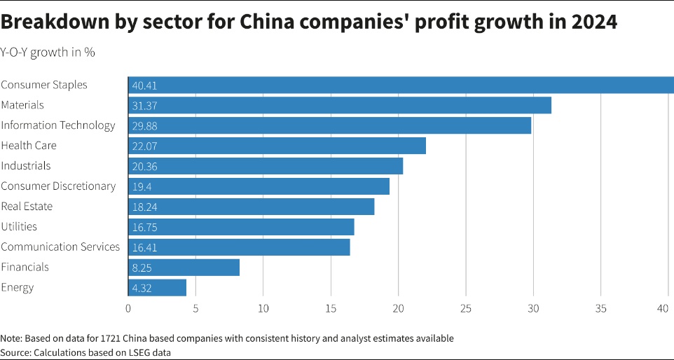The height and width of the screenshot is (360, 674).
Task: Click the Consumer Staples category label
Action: pyautogui.click(x=44, y=85)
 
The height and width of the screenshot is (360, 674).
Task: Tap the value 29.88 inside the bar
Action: pyautogui.click(x=144, y=125)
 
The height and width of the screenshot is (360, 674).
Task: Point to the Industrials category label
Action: pyautogui.click(x=26, y=166)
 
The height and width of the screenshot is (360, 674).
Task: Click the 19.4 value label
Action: pyautogui.click(x=141, y=186)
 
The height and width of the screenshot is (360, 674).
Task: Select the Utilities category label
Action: pyautogui.click(x=19, y=227)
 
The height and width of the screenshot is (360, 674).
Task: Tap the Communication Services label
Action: pyautogui.click(x=60, y=247)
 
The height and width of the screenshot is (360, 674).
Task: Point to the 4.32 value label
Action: pyautogui.click(x=142, y=288)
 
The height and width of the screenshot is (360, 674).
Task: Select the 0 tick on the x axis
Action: pyautogui.click(x=128, y=308)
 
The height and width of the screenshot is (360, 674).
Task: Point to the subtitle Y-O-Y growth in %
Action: pyautogui.click(x=48, y=53)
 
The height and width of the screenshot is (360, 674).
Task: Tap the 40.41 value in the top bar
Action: pyautogui.click(x=144, y=85)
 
